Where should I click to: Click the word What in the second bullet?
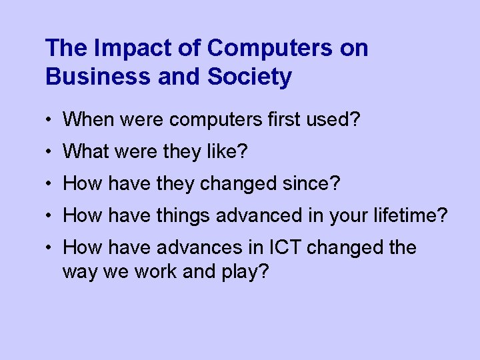[83, 152]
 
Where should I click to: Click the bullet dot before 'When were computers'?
[50, 121]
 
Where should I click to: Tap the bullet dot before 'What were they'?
[50, 153]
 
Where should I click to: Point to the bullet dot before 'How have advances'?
[50, 249]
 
